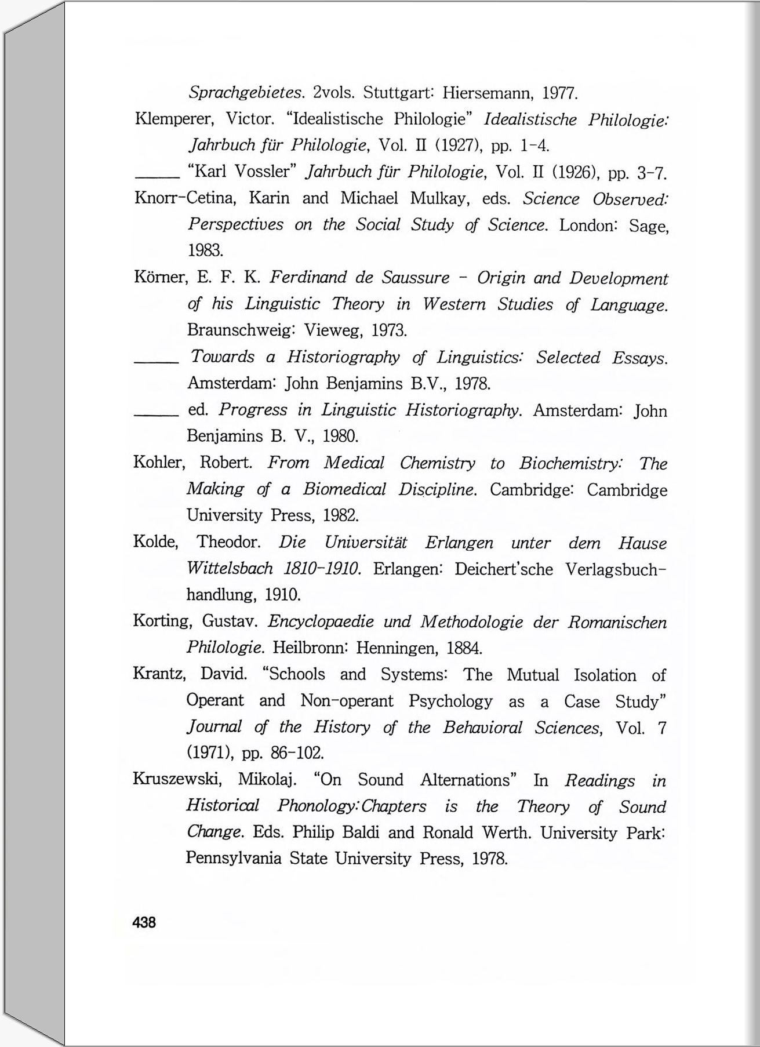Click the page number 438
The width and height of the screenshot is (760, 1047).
click(144, 922)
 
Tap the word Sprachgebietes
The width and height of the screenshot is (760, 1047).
click(246, 93)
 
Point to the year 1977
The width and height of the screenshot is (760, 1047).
click(559, 93)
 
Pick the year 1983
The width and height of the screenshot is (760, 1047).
click(205, 250)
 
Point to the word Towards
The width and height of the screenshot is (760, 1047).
click(223, 357)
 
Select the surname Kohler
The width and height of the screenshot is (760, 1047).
click(159, 463)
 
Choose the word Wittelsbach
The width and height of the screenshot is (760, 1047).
click(230, 568)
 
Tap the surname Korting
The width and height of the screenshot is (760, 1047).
click(162, 621)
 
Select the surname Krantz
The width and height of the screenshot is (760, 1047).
click(159, 674)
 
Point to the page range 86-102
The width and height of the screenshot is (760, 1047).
click(297, 753)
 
